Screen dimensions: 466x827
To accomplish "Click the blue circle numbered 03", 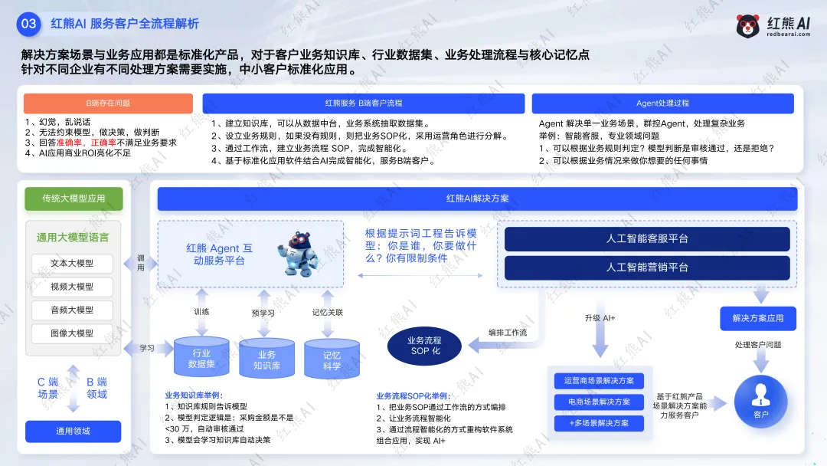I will click(28, 24).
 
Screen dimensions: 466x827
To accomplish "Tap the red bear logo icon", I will click(748, 26).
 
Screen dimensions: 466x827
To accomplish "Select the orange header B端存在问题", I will click(108, 103).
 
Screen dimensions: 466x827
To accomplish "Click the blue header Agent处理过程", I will click(662, 103).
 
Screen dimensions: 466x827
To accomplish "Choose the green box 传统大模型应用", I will click(74, 199).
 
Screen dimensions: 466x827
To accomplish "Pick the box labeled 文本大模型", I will click(72, 264).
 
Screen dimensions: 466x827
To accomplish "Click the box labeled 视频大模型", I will click(72, 287).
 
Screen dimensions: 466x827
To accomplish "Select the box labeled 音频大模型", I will click(72, 310).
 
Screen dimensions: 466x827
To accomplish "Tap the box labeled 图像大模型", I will click(72, 333).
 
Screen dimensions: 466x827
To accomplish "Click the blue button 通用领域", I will click(74, 432).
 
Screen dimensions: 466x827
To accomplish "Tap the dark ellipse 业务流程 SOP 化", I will click(425, 345).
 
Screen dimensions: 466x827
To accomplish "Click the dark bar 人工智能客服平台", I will click(647, 239).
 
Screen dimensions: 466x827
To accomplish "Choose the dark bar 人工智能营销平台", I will click(647, 267).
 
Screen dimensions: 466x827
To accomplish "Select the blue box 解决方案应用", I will click(758, 318).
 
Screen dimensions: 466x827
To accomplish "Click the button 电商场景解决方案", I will click(599, 402).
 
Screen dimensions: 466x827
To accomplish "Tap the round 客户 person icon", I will click(760, 401).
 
